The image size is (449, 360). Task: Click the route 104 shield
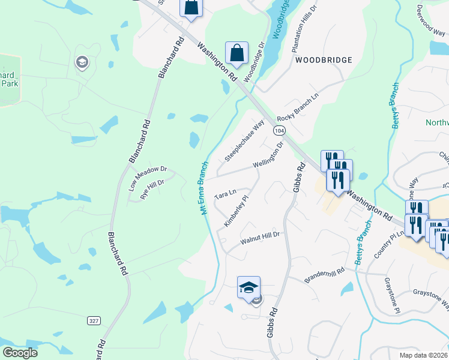click(279, 130)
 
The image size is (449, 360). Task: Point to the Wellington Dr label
click(268, 155)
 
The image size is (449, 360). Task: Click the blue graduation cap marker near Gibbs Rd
click(249, 287)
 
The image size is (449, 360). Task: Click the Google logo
click(20, 353)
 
